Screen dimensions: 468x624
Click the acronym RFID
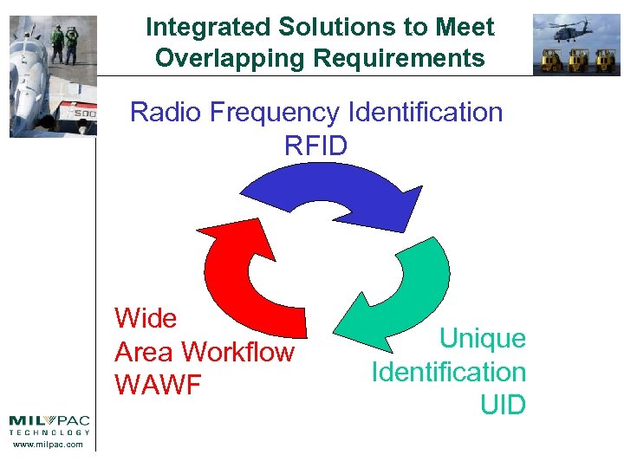[315, 146]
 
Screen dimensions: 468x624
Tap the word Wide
[146, 319]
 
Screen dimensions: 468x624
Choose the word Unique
[483, 338]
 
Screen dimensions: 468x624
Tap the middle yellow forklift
[577, 60]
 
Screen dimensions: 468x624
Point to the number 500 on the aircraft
[83, 113]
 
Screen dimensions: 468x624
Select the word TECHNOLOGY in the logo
[49, 432]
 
